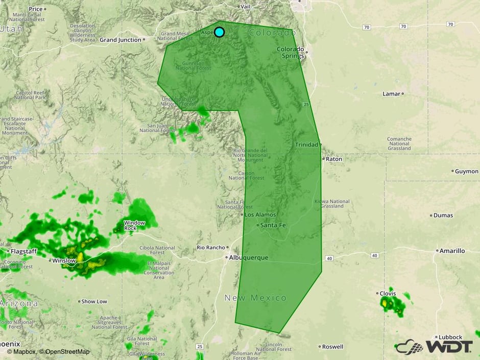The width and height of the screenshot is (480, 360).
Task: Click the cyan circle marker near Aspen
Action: coord(219,32)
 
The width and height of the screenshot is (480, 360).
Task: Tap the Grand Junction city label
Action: coord(121,40)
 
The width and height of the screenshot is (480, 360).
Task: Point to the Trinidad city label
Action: coord(306,145)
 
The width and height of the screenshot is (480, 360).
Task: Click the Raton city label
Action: coord(334,159)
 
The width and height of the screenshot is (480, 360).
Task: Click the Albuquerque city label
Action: coord(249,258)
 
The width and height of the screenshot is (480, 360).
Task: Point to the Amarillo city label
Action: coord(452,251)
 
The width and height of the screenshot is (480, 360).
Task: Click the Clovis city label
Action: coord(388,294)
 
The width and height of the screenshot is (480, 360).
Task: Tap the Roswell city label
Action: coord(333,347)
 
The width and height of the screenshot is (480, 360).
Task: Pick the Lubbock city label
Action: coord(449,337)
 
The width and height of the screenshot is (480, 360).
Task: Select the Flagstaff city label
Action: coord(23,251)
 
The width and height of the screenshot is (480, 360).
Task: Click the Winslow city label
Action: coord(64,260)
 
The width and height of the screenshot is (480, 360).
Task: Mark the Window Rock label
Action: coord(134,225)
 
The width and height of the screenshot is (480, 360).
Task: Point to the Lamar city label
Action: coord(392,94)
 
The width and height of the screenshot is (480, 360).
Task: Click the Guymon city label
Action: coord(467,171)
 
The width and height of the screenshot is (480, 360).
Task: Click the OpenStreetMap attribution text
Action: coord(67,351)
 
